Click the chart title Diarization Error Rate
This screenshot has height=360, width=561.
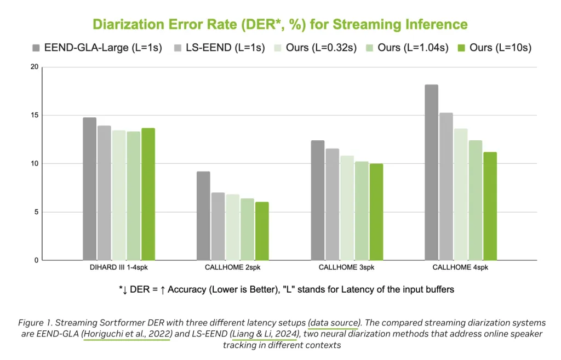(x=280, y=24)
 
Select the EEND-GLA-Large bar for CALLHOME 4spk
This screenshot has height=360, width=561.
(x=432, y=172)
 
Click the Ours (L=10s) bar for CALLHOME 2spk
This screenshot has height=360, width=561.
(x=262, y=231)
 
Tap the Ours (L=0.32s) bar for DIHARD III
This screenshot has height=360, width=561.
(x=119, y=195)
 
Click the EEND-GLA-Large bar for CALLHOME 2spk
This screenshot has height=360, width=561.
(x=203, y=215)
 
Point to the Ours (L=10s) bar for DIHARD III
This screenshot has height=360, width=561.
(x=148, y=194)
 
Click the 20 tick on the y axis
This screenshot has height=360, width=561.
(x=34, y=67)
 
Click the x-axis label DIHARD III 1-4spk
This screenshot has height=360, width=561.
(x=119, y=268)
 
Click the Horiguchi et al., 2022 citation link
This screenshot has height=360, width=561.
(x=127, y=334)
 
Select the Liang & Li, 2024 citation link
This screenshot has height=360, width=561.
(x=264, y=334)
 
